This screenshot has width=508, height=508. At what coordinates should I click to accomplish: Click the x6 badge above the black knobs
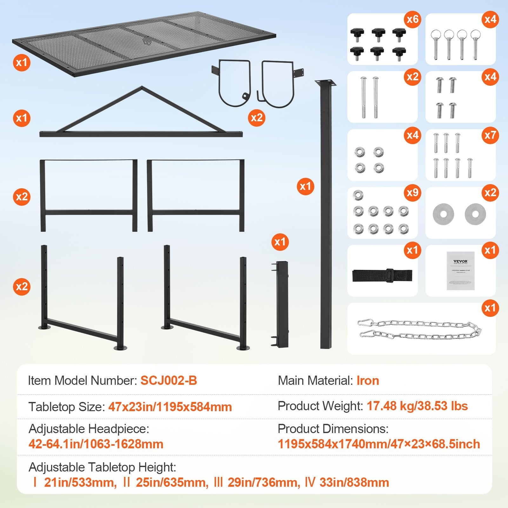click(x=412, y=19)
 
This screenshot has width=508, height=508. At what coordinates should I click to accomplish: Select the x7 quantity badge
click(x=490, y=135)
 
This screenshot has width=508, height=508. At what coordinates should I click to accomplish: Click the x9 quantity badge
click(x=412, y=193)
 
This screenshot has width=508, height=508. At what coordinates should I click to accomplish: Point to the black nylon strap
click(x=382, y=275)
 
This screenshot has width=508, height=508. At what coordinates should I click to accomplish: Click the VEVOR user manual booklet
click(x=460, y=271)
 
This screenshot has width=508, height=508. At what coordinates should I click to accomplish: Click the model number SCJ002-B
click(x=169, y=380)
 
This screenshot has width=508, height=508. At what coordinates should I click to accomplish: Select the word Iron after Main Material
click(x=368, y=380)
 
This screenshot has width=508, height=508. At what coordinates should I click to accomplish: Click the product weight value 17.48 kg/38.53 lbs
click(x=417, y=406)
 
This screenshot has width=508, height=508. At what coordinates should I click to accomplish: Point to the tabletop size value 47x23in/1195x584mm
click(x=170, y=407)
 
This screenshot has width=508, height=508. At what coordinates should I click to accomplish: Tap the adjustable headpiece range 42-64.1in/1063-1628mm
click(x=96, y=444)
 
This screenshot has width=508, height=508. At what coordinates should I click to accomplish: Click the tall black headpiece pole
click(x=325, y=216)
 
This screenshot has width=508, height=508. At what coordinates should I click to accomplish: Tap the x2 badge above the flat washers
click(x=490, y=193)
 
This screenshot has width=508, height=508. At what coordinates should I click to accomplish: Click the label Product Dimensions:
click(x=333, y=429)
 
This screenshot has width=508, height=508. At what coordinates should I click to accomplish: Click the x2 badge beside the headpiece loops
click(x=257, y=118)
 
